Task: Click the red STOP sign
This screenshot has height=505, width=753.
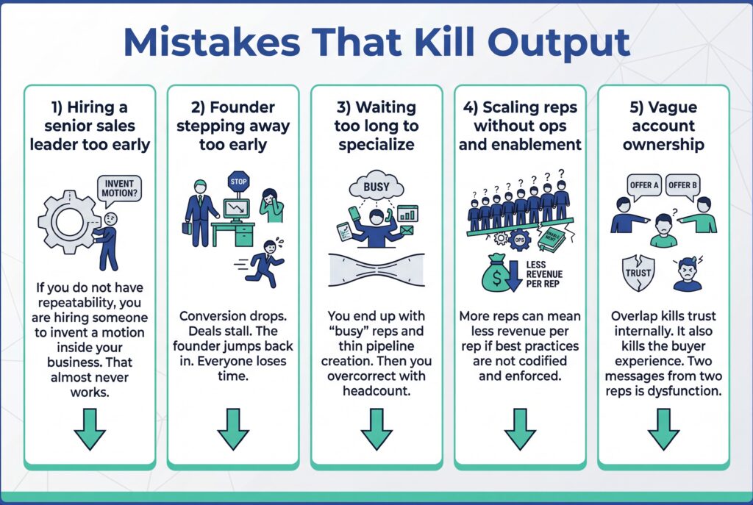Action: click(239, 181)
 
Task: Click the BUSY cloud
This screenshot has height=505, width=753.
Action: click(376, 187)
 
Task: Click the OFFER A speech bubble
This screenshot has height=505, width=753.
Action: click(644, 185)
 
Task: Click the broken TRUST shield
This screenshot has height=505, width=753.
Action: click(638, 273)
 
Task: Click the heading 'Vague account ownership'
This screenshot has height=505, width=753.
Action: click(663, 126)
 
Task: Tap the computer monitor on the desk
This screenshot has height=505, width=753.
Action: click(237, 209)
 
